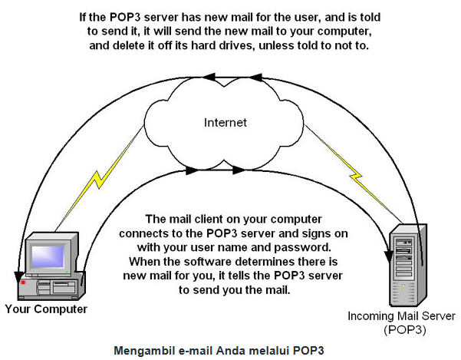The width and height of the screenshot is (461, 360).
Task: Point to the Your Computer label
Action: tap(46, 309)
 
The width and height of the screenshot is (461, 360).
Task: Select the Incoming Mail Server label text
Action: tap(402, 316)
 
